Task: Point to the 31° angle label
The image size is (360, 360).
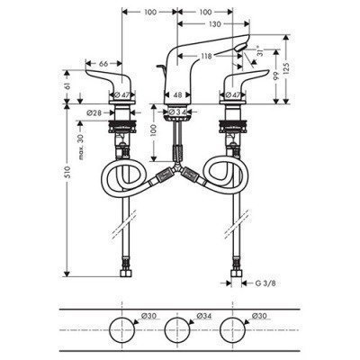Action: click(x=261, y=57)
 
